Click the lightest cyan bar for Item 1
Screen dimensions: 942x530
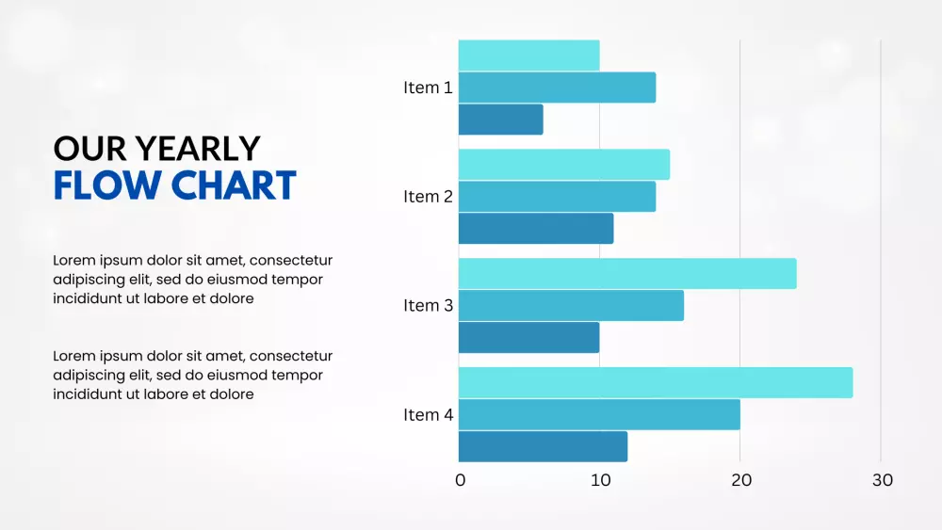528,56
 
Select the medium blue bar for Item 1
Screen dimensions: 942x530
557,88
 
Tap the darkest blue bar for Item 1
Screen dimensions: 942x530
500,120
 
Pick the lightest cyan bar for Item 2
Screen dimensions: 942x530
564,165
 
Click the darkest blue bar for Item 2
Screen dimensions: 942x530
536,229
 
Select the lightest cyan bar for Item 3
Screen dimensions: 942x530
627,274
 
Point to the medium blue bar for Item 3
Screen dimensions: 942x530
571,306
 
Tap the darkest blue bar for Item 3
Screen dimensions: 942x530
528,337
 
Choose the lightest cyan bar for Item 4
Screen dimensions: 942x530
656,382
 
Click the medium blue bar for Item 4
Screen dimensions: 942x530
599,415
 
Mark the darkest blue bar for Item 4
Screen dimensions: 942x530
544,446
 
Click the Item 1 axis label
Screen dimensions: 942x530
428,88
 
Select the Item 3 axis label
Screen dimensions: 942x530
428,306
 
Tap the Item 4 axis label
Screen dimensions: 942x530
429,415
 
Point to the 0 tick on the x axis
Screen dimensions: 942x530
461,480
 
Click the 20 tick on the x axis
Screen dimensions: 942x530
741,480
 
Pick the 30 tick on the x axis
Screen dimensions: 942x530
883,480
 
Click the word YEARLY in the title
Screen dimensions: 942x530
198,149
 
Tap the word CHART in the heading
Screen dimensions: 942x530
235,185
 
